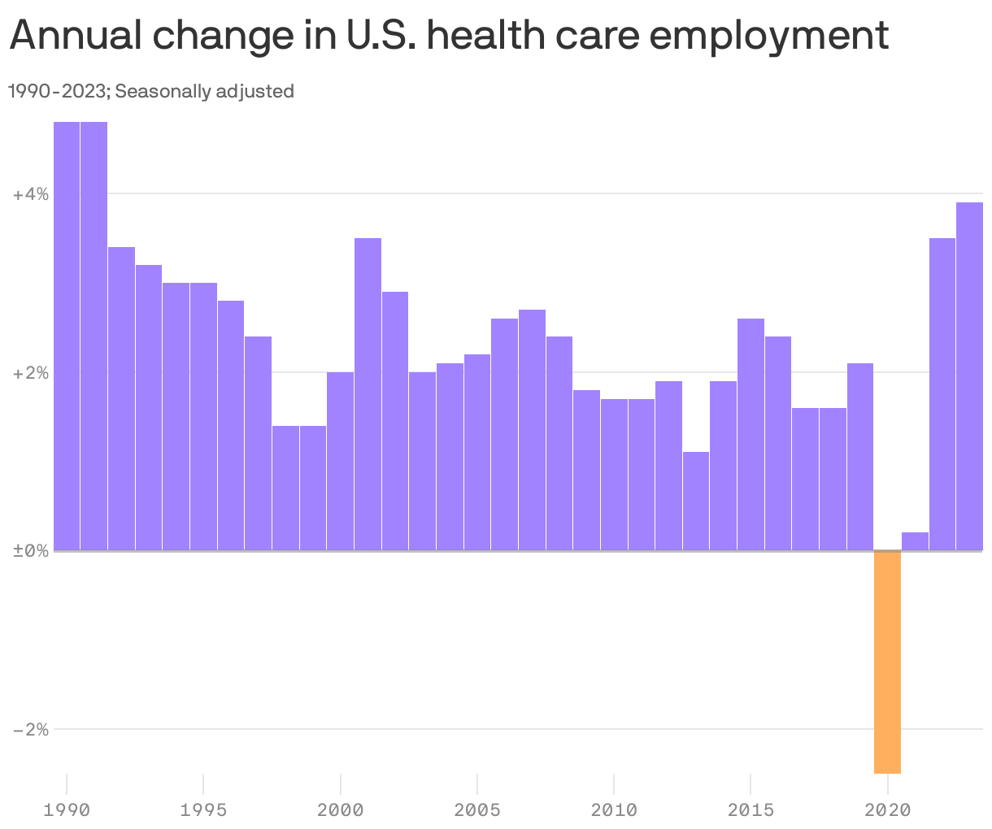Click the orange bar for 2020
click(887, 662)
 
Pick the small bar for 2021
click(915, 541)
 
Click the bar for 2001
click(368, 394)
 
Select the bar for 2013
click(696, 501)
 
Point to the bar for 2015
click(751, 434)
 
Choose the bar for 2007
click(532, 430)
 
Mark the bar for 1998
click(285, 488)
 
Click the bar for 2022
click(942, 394)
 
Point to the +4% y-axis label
click(31, 194)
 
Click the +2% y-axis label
click(31, 373)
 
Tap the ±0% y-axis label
click(31, 551)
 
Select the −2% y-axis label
click(31, 729)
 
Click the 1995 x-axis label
click(203, 809)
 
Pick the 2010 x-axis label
click(614, 809)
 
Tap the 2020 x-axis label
click(887, 809)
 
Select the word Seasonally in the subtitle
click(163, 91)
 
